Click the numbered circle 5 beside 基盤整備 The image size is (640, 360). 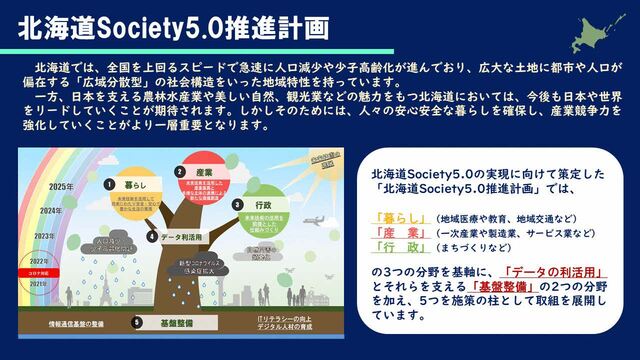[x=137, y=322]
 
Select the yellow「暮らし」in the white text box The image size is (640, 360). [x=395, y=216]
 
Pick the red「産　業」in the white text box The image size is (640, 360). [x=395, y=231]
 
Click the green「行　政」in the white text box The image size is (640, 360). [x=395, y=246]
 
